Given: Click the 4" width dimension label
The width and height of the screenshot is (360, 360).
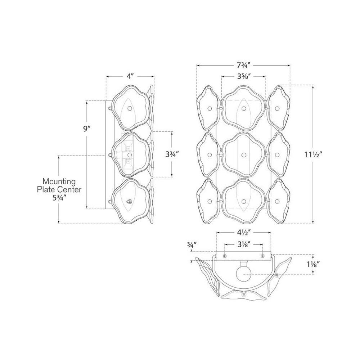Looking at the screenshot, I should pyautogui.click(x=130, y=76).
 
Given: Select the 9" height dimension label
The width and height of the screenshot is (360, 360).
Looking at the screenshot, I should pyautogui.click(x=86, y=129).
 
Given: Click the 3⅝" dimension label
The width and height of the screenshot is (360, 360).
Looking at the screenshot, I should pyautogui.click(x=244, y=76).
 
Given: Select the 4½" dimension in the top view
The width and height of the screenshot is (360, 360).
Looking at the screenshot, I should pyautogui.click(x=244, y=233).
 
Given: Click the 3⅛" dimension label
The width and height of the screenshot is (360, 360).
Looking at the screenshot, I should pyautogui.click(x=244, y=244).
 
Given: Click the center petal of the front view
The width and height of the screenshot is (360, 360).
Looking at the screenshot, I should pyautogui.click(x=244, y=155).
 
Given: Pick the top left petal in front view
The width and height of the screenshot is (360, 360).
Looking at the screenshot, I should pyautogui.click(x=209, y=108).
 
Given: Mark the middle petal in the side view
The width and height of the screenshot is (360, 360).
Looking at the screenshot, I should pyautogui.click(x=130, y=155).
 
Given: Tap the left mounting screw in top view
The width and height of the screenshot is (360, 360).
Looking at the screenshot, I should pyautogui.click(x=225, y=256).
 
